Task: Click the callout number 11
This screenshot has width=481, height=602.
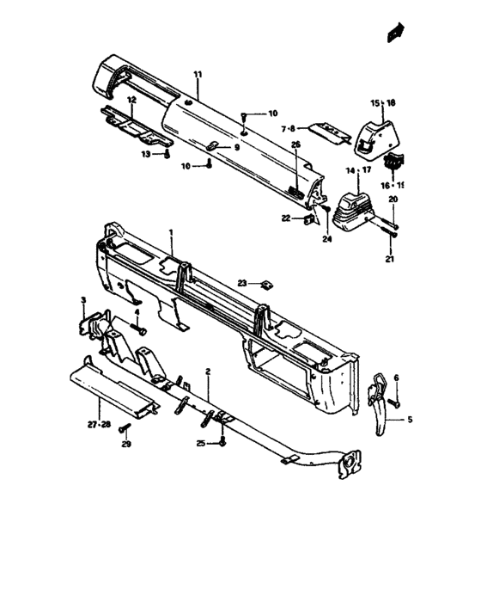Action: [x=198, y=74]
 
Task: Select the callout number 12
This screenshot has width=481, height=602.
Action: [x=131, y=100]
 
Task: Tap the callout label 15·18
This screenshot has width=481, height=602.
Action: [x=383, y=103]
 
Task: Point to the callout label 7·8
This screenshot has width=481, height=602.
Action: [x=288, y=129]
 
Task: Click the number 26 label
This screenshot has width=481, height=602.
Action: [x=296, y=144]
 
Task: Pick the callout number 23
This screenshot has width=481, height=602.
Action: [x=242, y=283]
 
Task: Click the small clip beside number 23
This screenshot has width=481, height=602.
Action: [x=267, y=286]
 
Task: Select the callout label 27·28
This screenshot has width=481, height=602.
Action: [x=100, y=425]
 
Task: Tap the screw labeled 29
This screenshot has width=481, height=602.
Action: [x=125, y=427]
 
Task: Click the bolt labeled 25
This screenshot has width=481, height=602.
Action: [x=222, y=443]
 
